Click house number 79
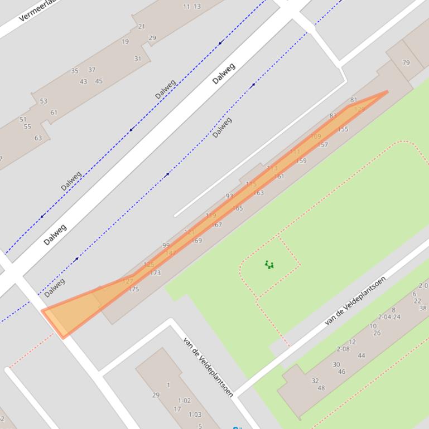tap(406, 62)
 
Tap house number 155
tap(343, 129)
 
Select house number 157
tap(322, 145)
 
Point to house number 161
tap(279, 176)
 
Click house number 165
tap(238, 208)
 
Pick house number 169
tap(196, 241)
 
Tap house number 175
tap(134, 289)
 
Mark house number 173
tap(155, 273)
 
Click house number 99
tap(166, 245)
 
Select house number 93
tap(229, 196)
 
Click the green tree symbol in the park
tap(270, 265)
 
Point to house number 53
tap(44, 101)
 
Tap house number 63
tap(38, 138)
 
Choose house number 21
tap(141, 26)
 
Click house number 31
tap(138, 58)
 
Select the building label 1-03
tap(195, 415)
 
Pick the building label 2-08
tap(343, 349)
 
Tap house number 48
tap(321, 388)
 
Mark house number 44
tap(361, 355)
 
